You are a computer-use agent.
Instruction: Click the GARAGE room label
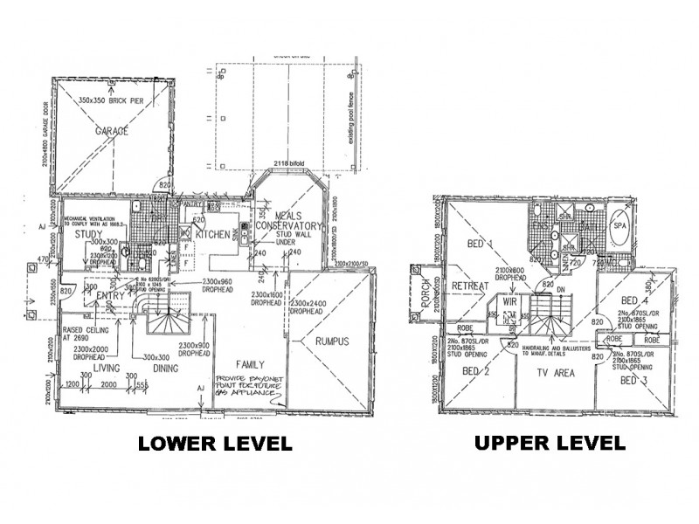pyautogui.click(x=107, y=130)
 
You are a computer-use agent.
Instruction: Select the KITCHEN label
pyautogui.click(x=212, y=235)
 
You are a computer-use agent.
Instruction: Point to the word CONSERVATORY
pyautogui.click(x=290, y=225)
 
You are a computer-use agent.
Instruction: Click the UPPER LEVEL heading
pyautogui.click(x=550, y=443)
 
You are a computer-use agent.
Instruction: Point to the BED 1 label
pyautogui.click(x=478, y=243)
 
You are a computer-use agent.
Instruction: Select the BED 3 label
pyautogui.click(x=634, y=382)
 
